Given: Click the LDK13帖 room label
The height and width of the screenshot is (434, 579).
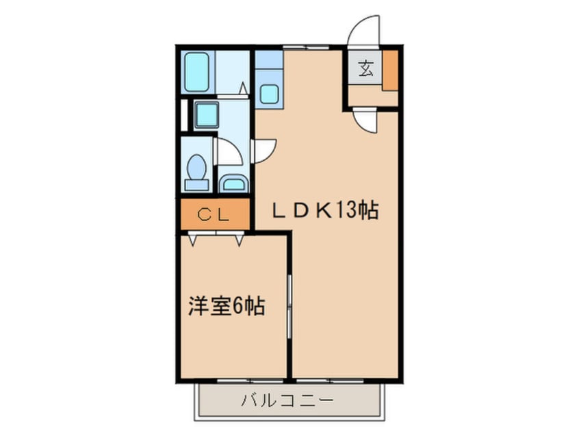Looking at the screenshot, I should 326,211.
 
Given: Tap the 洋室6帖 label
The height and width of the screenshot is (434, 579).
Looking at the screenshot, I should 227,306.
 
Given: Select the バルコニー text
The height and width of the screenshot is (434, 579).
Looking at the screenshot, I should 287,400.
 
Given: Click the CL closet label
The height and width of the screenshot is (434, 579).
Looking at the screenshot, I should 214,214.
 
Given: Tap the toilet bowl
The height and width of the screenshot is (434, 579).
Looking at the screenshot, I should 197,169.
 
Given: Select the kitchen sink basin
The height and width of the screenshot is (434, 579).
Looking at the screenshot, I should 269,94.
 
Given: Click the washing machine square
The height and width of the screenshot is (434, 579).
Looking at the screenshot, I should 206,114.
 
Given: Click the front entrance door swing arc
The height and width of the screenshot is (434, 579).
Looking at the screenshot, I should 364,31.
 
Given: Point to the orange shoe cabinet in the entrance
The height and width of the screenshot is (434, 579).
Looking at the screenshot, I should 389,70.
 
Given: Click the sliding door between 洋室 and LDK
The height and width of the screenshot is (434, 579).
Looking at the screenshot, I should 290,306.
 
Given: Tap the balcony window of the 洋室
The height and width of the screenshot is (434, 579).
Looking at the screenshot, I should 250,379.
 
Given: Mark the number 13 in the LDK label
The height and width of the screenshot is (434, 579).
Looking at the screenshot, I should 347,211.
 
